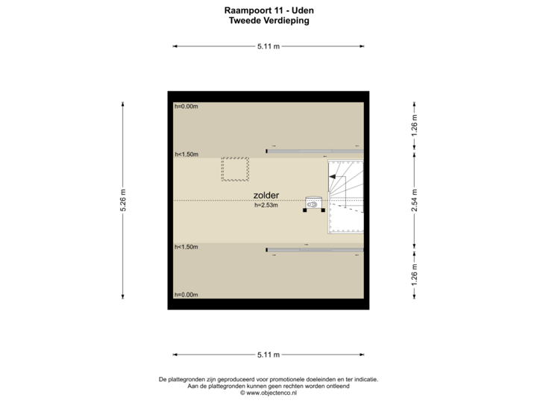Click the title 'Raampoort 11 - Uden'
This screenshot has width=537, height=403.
tap(268, 10)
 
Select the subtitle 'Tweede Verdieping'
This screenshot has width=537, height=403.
tap(268, 22)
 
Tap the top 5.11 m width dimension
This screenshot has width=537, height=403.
tap(268, 46)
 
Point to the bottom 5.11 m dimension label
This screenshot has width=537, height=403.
tap(268, 354)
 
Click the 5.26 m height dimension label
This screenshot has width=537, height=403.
tap(122, 200)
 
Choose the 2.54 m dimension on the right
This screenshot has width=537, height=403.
tap(415, 200)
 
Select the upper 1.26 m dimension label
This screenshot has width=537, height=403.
tap(415, 126)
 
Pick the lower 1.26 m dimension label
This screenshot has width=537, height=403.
tap(415, 274)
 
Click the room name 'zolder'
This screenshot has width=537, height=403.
tap(266, 196)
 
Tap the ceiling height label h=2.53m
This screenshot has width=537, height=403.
tap(266, 206)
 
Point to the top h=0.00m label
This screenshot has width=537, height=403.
tap(186, 107)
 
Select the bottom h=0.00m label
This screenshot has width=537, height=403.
tap(186, 295)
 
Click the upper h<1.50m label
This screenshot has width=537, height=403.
tap(186, 154)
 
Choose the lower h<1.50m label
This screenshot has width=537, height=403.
tap(186, 247)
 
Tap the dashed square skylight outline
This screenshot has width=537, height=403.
tap(235, 169)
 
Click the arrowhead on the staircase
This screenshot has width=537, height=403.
tap(333, 177)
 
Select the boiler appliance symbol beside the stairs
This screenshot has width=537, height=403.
tap(313, 202)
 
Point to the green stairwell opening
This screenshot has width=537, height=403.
tap(348, 219)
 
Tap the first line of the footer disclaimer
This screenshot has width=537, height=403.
tap(268, 379)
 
